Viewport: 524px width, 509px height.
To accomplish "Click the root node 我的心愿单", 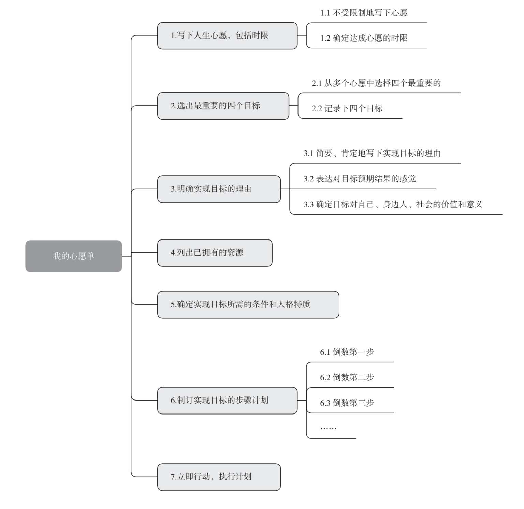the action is click(74, 256).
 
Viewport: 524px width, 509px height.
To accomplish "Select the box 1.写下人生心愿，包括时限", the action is click(227, 36).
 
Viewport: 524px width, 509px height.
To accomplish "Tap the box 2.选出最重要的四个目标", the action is click(223, 106).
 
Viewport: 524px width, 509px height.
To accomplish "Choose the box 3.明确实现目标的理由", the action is click(219, 189).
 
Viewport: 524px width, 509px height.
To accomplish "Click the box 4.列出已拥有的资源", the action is click(215, 253).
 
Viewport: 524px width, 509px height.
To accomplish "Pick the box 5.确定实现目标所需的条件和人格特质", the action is click(248, 305).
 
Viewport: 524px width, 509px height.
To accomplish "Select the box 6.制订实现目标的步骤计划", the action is click(227, 401).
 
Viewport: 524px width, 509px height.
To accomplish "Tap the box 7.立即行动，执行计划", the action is click(219, 477).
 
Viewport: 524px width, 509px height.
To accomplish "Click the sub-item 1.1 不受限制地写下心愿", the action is click(364, 13).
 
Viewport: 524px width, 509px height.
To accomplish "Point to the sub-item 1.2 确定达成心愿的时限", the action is click(364, 38).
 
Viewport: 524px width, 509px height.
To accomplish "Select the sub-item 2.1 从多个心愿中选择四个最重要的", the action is click(376, 83).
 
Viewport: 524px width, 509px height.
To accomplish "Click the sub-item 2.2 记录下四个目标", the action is click(347, 108).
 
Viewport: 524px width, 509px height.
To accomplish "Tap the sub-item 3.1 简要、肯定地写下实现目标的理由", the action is click(372, 154).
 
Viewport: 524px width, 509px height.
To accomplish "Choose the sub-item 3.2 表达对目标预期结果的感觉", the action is click(360, 179).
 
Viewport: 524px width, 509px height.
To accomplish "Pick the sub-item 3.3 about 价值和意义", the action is click(393, 204).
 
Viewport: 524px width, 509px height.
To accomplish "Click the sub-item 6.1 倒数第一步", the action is click(347, 352).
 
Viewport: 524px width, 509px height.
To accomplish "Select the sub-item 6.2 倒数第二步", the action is click(347, 377).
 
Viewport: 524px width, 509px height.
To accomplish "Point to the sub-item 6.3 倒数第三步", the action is click(347, 403).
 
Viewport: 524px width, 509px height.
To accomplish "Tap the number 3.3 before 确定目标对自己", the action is click(308, 205).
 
